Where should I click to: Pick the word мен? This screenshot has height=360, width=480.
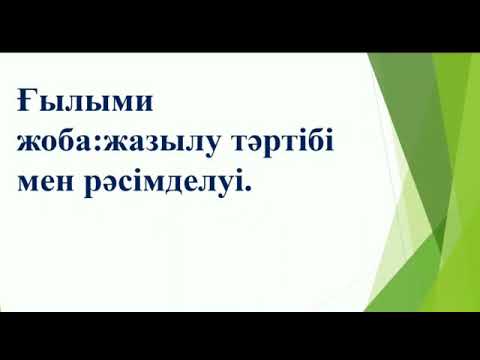tap(42, 181)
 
